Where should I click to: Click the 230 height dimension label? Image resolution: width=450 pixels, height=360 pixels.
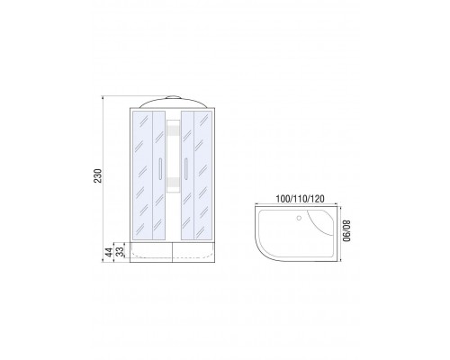click(98, 175)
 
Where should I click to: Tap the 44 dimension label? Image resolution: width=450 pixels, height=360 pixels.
click(110, 252)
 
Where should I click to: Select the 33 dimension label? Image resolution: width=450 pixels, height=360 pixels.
click(120, 252)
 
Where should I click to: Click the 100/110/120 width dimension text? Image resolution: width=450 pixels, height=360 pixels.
click(300, 199)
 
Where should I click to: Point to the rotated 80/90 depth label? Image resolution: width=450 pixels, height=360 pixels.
click(346, 230)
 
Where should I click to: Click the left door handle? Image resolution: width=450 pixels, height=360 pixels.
click(160, 169)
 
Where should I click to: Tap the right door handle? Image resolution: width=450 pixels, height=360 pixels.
click(186, 169)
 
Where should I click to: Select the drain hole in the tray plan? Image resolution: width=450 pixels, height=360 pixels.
click(299, 218)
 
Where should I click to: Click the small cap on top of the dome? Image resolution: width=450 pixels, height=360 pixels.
click(173, 97)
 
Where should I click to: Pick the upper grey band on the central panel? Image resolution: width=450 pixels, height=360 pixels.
click(173, 130)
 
